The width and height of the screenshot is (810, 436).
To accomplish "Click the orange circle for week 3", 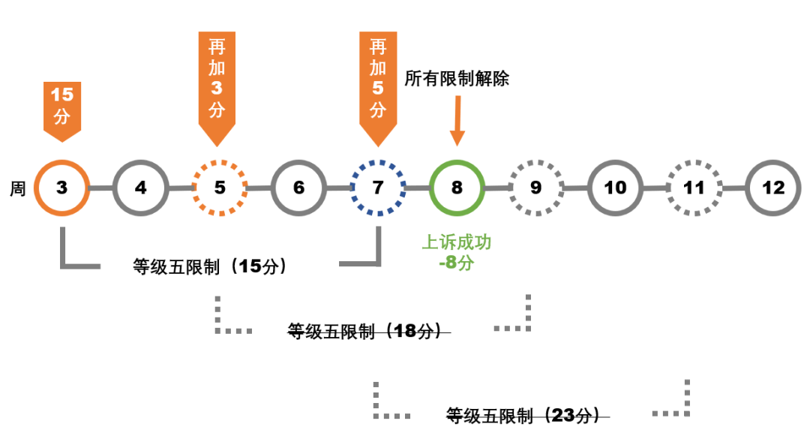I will point(61,188).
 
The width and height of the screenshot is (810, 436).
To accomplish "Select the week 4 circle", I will point(140,188).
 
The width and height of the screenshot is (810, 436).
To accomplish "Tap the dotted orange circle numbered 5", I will point(220,188).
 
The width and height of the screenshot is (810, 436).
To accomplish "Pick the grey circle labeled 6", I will point(298,188).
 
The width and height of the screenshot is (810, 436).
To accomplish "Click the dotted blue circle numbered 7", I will point(378,188).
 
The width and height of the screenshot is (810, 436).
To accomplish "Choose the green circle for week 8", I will point(457,188).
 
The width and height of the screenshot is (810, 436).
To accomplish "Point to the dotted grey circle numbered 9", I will point(535,188).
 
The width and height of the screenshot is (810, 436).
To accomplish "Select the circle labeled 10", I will point(615,188).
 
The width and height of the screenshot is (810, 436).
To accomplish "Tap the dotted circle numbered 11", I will point(694,188).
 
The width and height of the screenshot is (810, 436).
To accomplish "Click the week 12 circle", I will point(773,188).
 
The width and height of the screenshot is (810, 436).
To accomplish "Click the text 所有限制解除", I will point(457,78).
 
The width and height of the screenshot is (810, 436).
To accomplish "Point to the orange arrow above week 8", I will point(457,123).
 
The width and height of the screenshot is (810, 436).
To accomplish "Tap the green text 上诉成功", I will point(457,242).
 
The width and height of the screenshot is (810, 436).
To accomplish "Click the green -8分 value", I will point(457,263).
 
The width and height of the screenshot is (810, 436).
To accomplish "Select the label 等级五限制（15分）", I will point(210,266).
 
